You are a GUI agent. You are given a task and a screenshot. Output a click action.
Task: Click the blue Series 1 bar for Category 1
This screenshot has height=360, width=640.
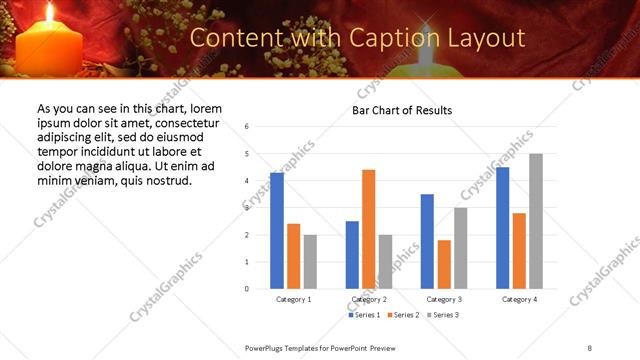pyautogui.click(x=277, y=231)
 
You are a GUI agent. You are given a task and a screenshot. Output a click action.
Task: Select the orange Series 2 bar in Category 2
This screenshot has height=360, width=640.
pyautogui.click(x=368, y=229)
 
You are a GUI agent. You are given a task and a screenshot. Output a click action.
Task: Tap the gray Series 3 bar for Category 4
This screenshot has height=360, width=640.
pyautogui.click(x=536, y=221)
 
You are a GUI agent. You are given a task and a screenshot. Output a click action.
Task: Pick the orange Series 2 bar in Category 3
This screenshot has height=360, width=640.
pyautogui.click(x=444, y=264)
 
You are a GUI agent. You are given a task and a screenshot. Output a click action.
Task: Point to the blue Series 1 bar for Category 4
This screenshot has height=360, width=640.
pyautogui.click(x=502, y=228)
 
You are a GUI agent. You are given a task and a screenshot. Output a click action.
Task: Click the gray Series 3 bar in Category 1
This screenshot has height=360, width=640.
pyautogui.click(x=310, y=262)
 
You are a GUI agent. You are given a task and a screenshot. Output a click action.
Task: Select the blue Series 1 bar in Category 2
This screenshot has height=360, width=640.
pyautogui.click(x=352, y=255)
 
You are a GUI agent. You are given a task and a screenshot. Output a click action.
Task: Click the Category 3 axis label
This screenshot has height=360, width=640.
pyautogui.click(x=444, y=300)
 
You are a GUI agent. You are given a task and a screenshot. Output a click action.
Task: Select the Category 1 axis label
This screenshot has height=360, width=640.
pyautogui.click(x=293, y=300)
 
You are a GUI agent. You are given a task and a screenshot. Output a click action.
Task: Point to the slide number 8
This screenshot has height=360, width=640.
pyautogui.click(x=589, y=347)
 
